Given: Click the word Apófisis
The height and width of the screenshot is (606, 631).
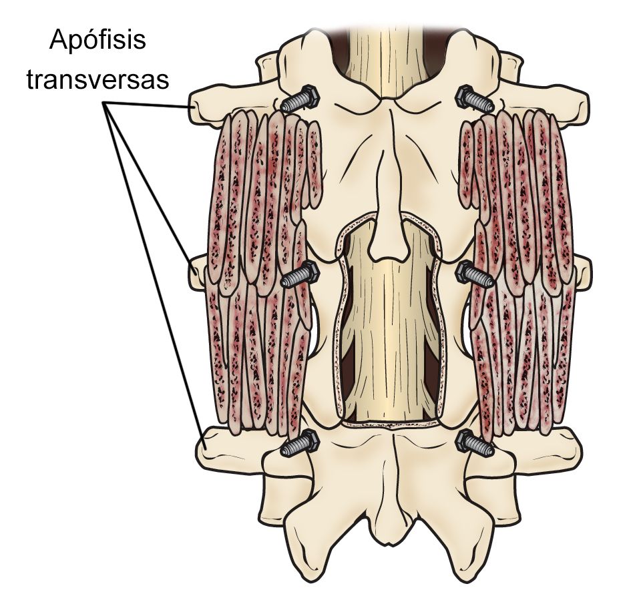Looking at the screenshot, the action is pyautogui.click(x=97, y=41).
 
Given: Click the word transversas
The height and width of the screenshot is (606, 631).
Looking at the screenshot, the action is pyautogui.click(x=97, y=79).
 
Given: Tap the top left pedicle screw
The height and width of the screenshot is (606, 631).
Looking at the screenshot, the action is pyautogui.click(x=300, y=99).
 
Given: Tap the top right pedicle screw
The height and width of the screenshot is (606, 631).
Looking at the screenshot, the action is pyautogui.click(x=475, y=99).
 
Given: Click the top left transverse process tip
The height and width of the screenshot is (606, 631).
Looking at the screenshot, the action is pyautogui.click(x=195, y=107).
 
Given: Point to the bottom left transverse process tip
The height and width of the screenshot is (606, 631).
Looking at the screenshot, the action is pyautogui.click(x=202, y=447).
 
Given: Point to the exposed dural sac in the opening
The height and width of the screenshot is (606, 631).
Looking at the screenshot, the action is pyautogui.click(x=387, y=330).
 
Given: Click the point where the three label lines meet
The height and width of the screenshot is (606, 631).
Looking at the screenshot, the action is pyautogui.click(x=106, y=103).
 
